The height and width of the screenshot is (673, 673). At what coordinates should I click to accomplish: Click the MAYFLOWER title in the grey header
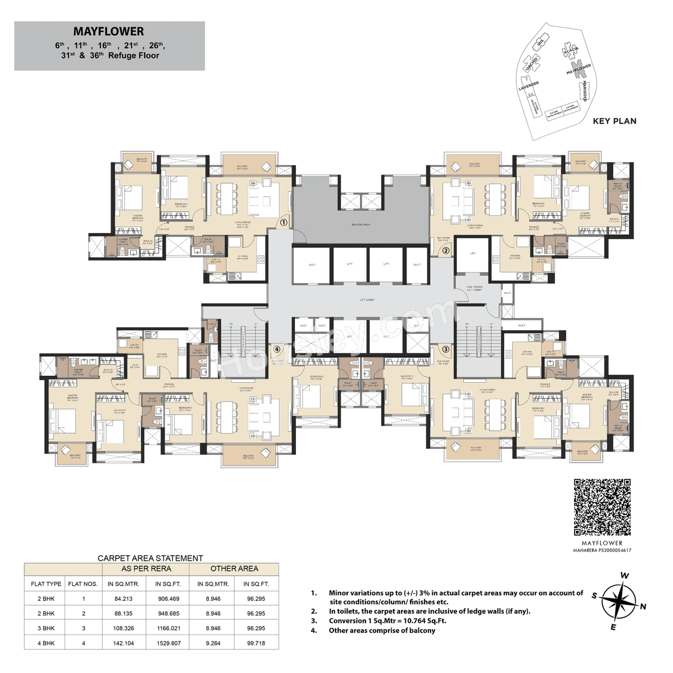(108, 32)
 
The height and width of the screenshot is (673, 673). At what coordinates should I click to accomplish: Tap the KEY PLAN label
(614, 121)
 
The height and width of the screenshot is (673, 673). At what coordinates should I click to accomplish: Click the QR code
(602, 507)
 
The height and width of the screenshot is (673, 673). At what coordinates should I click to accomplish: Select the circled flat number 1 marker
(283, 222)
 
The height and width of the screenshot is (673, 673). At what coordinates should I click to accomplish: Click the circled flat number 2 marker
(445, 250)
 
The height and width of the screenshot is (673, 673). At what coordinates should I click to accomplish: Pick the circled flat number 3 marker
(445, 349)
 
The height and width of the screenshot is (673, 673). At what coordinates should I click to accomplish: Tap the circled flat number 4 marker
(277, 349)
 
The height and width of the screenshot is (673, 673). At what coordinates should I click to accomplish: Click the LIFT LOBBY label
(367, 300)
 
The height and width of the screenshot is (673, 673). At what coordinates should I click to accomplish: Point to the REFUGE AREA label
(361, 225)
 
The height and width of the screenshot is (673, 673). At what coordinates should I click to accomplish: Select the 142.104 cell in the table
(123, 643)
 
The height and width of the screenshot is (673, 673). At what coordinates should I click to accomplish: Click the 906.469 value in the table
(169, 599)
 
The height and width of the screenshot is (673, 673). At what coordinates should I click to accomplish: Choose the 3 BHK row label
(46, 628)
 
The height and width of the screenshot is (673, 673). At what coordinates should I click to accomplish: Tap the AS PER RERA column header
(146, 569)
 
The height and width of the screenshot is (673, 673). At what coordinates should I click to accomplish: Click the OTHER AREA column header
(234, 569)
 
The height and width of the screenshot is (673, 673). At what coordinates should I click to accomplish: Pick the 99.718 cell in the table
(256, 643)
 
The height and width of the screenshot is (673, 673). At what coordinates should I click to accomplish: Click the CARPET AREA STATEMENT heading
(150, 558)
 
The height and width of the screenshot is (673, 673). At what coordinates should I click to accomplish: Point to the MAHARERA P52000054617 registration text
(602, 550)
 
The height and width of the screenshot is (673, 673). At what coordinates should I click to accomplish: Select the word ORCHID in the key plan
(532, 64)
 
